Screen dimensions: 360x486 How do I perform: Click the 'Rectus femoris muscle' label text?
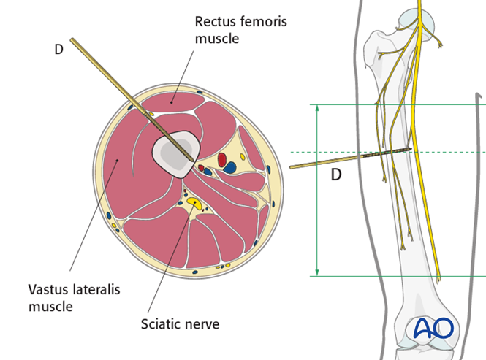(240, 29)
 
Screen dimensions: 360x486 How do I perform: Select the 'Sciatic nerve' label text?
(179, 322)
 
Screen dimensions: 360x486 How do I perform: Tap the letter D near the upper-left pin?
(59, 49)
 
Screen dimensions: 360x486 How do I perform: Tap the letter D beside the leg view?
(336, 175)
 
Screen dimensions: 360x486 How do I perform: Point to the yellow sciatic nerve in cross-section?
(193, 201)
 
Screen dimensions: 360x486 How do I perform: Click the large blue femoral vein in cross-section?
(230, 168)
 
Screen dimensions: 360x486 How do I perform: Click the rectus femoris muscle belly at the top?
(173, 101)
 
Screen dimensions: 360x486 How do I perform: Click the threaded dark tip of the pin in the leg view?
(395, 152)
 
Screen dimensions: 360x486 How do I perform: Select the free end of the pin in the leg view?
(292, 167)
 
